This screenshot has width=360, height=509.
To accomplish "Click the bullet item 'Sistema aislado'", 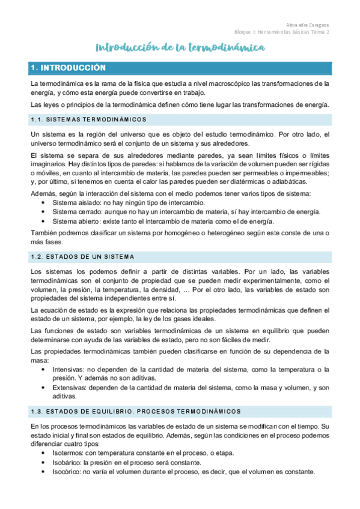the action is (75, 203).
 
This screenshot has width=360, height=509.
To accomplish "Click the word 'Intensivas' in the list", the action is (69, 369).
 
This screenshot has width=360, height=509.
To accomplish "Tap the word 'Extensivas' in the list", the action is (70, 388).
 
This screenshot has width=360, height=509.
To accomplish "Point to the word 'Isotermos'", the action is (70, 453).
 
